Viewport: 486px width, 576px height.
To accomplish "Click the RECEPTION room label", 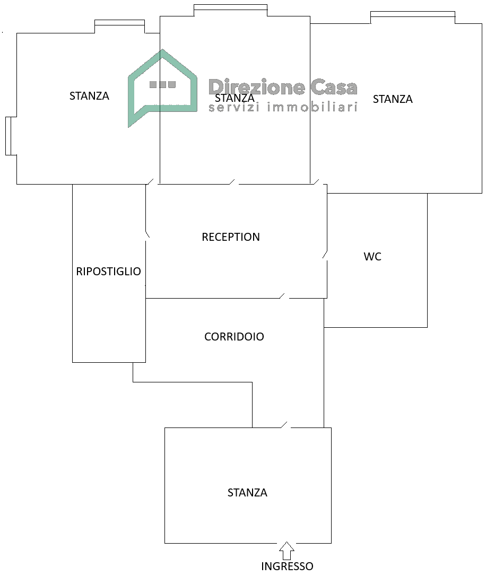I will pyautogui.click(x=231, y=237).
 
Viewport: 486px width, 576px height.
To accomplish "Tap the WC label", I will pyautogui.click(x=372, y=257).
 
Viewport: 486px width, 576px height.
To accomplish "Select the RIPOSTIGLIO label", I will pyautogui.click(x=109, y=272).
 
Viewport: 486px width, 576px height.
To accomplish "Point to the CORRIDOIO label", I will pyautogui.click(x=234, y=337).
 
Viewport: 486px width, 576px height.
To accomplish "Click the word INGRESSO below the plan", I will pyautogui.click(x=287, y=566).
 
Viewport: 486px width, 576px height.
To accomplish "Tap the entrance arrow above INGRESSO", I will pyautogui.click(x=287, y=551).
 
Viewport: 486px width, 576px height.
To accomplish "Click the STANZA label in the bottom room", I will pyautogui.click(x=247, y=493).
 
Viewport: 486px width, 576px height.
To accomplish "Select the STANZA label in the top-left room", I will pyautogui.click(x=89, y=96).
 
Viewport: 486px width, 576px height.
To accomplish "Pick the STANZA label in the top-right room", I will pyautogui.click(x=393, y=99).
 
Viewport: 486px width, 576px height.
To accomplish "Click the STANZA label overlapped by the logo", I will pyautogui.click(x=235, y=98).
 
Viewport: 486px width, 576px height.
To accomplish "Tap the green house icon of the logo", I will pyautogui.click(x=162, y=88).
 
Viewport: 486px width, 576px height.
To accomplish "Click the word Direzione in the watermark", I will pyautogui.click(x=256, y=87).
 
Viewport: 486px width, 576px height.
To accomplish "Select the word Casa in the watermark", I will pyautogui.click(x=334, y=87).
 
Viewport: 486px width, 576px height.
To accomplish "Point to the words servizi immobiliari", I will pyautogui.click(x=282, y=108).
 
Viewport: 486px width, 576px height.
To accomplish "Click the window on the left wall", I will pyautogui.click(x=8, y=136).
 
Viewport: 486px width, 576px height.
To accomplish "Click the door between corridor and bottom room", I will pyautogui.click(x=285, y=425).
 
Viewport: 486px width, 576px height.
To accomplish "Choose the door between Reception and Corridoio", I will pyautogui.click(x=284, y=296).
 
